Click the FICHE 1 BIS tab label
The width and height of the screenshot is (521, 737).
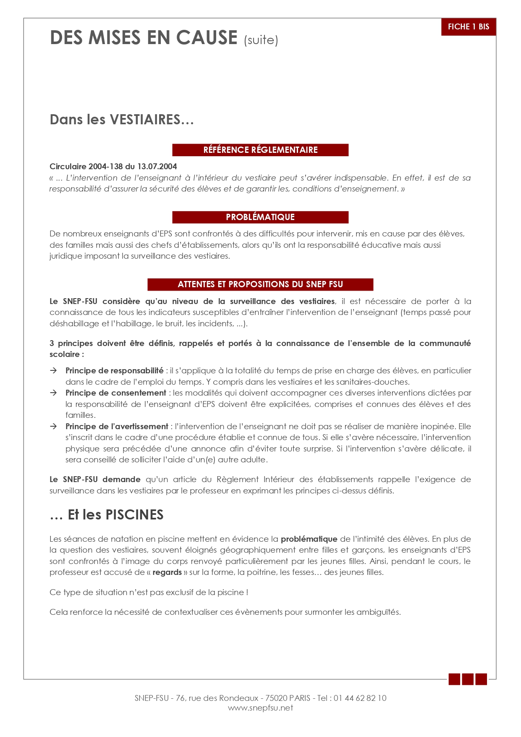(468, 27)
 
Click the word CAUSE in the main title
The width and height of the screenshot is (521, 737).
(207, 38)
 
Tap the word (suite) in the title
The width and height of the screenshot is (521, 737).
(261, 40)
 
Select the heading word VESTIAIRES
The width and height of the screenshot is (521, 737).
(145, 120)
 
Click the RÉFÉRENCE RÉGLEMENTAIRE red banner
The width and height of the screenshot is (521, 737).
(260, 150)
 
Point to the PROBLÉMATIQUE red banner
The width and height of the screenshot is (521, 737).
(260, 217)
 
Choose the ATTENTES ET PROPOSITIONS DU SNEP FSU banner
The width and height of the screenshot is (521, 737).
(260, 284)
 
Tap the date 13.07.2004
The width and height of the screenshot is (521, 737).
(157, 166)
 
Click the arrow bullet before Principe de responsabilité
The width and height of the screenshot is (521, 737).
(53, 370)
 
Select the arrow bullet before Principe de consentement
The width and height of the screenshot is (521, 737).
(53, 393)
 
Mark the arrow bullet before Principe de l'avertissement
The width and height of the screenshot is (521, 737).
(53, 426)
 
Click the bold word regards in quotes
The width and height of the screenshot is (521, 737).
(167, 572)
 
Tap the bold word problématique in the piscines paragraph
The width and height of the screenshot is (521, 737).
(309, 539)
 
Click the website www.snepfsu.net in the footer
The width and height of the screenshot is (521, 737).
(260, 708)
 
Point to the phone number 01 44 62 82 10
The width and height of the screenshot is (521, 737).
(360, 698)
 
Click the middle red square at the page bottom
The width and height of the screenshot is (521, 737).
(468, 679)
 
